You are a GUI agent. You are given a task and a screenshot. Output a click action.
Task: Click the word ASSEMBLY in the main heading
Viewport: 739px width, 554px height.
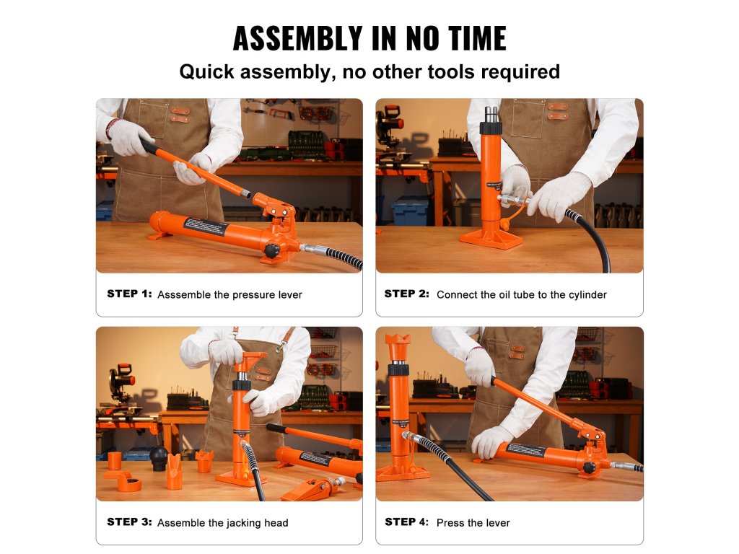298,38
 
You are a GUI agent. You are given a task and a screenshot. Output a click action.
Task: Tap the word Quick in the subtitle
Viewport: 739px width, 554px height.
206,72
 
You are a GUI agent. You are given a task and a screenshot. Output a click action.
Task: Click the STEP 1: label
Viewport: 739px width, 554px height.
130,294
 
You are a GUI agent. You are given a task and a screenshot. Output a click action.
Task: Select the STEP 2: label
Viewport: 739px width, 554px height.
407,294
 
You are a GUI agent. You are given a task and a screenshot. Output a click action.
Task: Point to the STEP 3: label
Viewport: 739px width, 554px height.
130,522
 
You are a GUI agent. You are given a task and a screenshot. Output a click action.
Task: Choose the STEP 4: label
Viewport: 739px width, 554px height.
407,522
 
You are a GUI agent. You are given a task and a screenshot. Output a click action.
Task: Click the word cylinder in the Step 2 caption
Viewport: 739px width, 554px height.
587,295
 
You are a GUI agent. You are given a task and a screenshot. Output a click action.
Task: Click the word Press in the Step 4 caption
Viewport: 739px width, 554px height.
450,522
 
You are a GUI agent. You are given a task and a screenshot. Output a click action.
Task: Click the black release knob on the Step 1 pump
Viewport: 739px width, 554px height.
272,250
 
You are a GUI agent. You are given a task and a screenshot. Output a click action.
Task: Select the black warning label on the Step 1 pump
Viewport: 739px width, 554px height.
206,229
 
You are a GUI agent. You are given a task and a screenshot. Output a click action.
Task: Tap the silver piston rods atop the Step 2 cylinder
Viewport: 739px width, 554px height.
491,114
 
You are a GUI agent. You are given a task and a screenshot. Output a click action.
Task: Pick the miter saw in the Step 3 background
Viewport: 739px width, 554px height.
120,384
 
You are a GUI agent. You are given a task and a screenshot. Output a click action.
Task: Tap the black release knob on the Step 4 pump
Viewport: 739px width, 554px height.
589,467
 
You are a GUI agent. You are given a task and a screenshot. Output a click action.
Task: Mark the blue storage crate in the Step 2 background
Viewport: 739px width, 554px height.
410,211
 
